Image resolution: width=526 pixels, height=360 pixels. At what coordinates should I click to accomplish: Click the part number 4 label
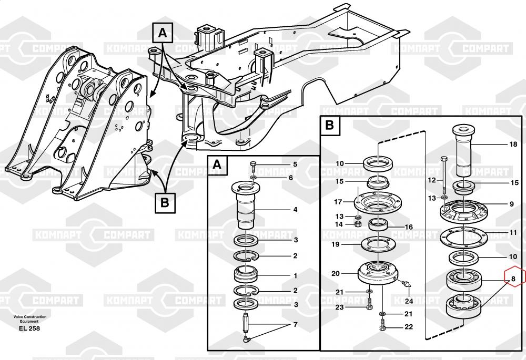click(x=295, y=210)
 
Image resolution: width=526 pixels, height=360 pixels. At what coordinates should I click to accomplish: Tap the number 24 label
click(x=409, y=301)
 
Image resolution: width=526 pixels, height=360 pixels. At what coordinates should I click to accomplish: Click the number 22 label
click(x=409, y=327)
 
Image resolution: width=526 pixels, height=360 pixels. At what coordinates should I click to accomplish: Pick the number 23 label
click(x=339, y=307)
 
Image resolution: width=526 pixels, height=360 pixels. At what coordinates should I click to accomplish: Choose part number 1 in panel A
click(x=295, y=275)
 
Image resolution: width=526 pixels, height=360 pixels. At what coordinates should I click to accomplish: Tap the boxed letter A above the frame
click(x=163, y=34)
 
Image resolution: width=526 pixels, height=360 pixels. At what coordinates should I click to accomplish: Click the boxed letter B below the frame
click(x=165, y=201)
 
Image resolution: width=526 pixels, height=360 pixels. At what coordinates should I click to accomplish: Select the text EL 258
click(x=29, y=328)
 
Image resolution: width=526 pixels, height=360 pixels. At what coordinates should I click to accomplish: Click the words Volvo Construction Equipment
click(x=29, y=319)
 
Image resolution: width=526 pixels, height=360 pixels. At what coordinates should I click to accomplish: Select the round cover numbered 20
click(x=376, y=272)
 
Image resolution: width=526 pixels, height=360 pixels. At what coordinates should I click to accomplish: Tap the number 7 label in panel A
click(x=295, y=324)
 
